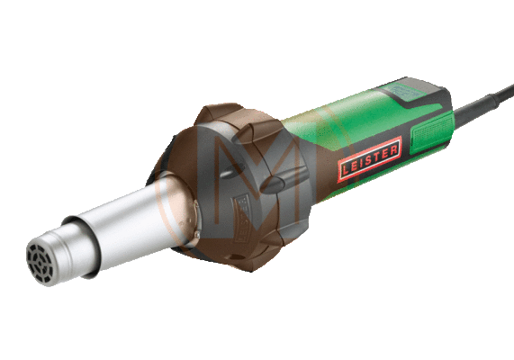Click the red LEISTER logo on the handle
point(370,159)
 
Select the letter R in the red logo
point(393,149)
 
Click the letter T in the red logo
point(375,157)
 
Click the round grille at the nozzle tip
point(40,262)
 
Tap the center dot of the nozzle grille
point(40,262)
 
